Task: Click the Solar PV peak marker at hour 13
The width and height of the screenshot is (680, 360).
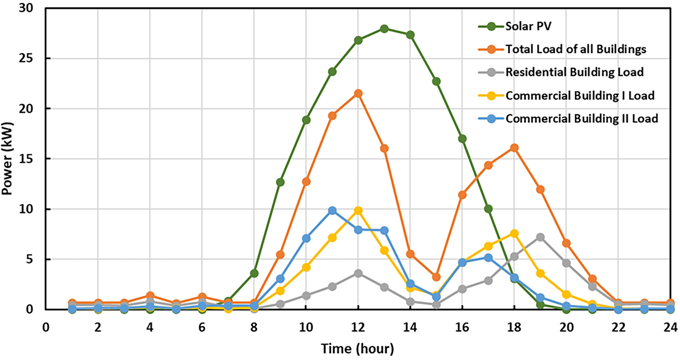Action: [384, 29]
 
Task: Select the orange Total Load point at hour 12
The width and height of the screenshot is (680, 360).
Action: [358, 93]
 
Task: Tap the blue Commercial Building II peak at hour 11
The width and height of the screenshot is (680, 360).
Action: [332, 210]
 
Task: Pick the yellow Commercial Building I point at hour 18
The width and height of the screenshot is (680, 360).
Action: [514, 233]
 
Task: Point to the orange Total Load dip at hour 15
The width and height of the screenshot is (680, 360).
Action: [436, 277]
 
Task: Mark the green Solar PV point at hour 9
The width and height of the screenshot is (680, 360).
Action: [280, 182]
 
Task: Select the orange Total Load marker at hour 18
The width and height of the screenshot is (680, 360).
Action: [514, 148]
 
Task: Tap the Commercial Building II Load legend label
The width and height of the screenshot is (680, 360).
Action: [581, 119]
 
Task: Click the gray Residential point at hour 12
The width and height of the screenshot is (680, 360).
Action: [358, 273]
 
